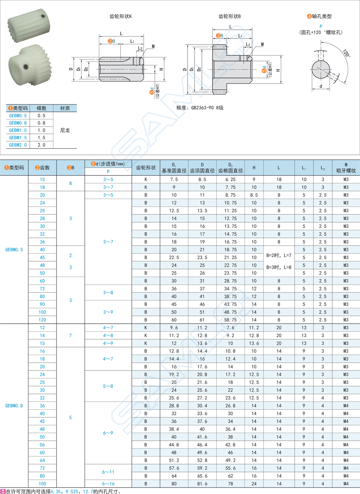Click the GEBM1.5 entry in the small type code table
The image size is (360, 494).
click(x=18, y=137)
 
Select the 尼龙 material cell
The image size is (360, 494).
click(x=65, y=130)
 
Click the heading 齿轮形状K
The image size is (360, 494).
click(x=121, y=17)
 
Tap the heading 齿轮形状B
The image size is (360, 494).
click(x=229, y=17)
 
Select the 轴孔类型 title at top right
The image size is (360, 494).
click(x=319, y=17)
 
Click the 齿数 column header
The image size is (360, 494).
click(x=42, y=167)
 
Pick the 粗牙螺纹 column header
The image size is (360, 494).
click(x=346, y=171)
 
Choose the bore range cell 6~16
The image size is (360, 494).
click(x=108, y=483)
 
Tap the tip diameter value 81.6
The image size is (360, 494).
click(x=202, y=483)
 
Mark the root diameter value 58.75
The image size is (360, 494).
click(x=230, y=319)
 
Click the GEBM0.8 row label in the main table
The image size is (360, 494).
click(x=14, y=405)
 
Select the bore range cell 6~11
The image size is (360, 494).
click(x=108, y=471)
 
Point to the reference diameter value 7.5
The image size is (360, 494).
click(x=174, y=179)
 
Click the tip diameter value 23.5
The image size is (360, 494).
click(x=202, y=257)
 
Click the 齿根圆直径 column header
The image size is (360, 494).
click(x=230, y=171)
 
